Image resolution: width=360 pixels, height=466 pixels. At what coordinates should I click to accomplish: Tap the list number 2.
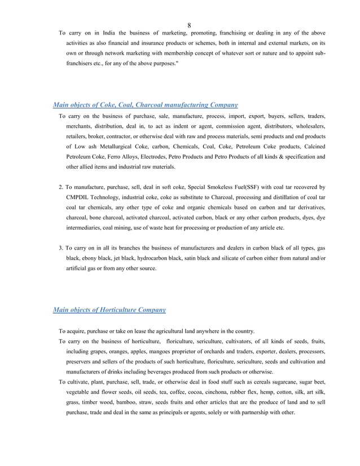pyautogui.click(x=61, y=186)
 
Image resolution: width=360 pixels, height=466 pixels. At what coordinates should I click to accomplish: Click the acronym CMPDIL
pyautogui.click(x=81, y=196)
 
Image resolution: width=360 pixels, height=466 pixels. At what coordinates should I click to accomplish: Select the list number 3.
pyautogui.click(x=61, y=248)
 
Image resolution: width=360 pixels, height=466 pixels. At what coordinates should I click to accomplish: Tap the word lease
pyautogui.click(x=130, y=331)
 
